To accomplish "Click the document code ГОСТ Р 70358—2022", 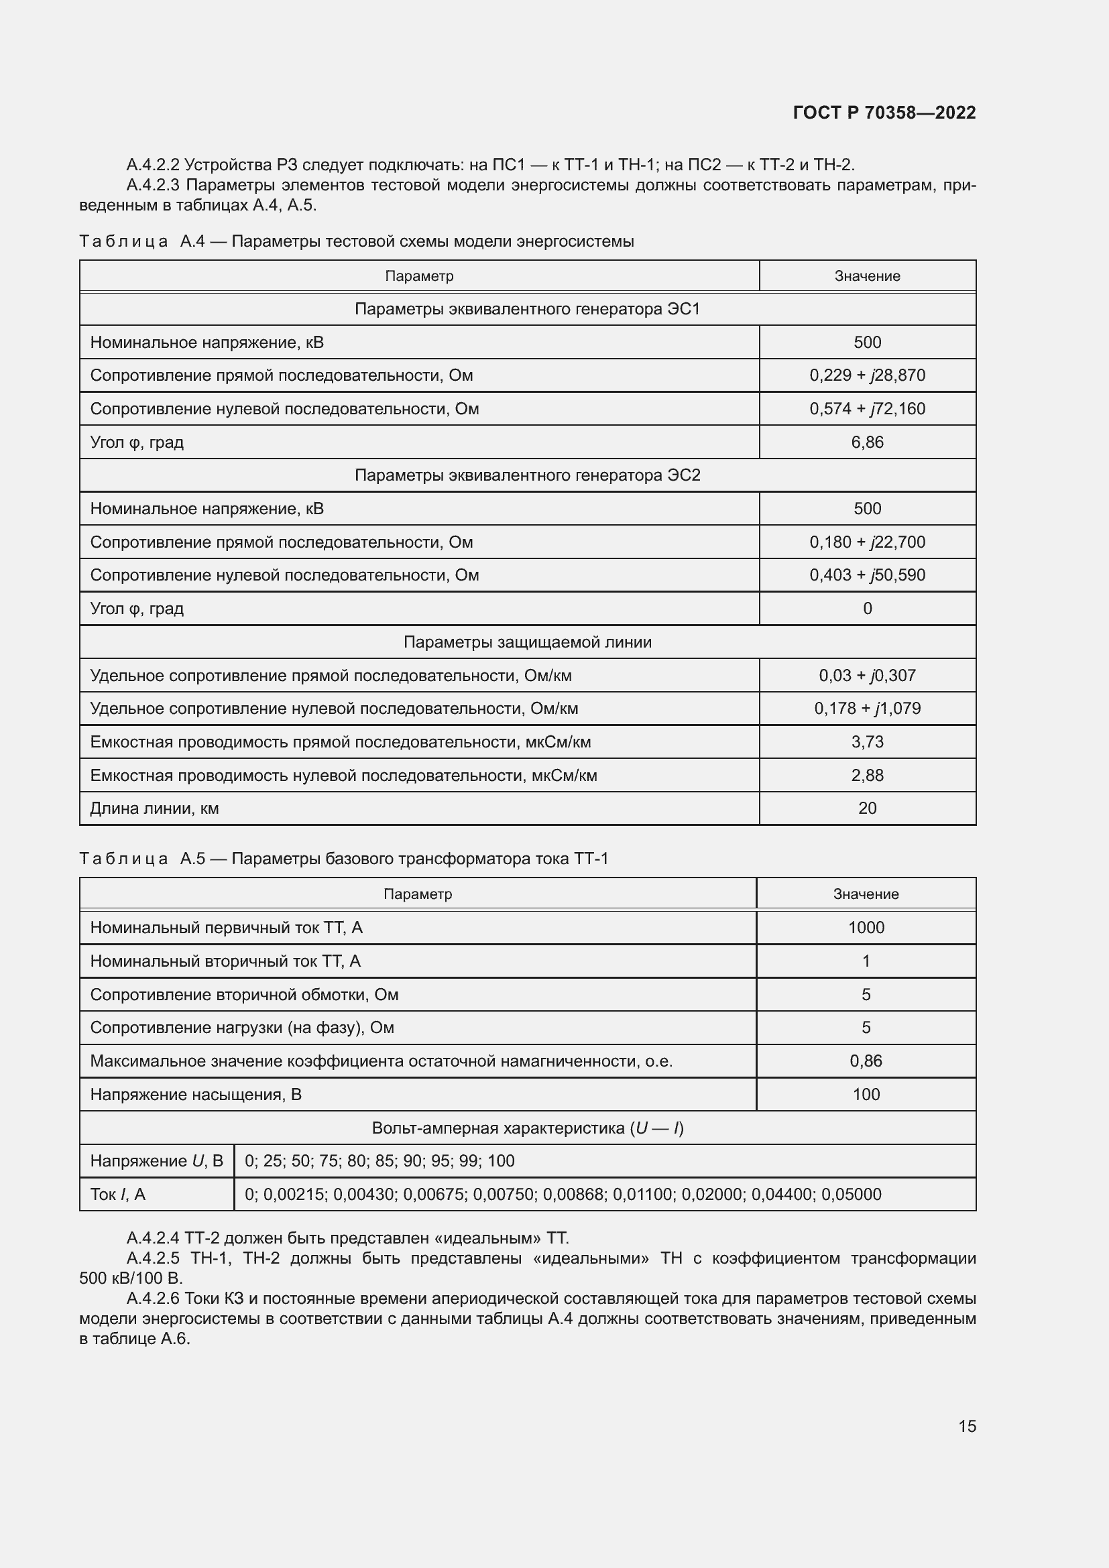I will tap(884, 113).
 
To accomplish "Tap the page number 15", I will tap(967, 1426).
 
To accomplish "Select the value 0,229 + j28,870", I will tap(867, 375).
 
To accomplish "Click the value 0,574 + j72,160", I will tap(867, 408).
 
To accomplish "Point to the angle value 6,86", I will tap(867, 442).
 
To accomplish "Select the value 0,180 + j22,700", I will tap(867, 542).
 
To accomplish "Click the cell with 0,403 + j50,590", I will tap(867, 575).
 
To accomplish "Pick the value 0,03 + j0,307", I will tap(867, 676).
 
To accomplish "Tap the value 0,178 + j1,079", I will tap(867, 708).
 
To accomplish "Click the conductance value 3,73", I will tap(867, 741).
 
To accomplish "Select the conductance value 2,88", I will tap(867, 775).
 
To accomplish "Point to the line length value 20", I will tap(867, 808).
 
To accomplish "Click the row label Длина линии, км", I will tap(154, 808).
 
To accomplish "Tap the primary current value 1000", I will tap(866, 927).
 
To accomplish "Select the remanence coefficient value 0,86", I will tap(866, 1061).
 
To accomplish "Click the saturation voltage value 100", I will tap(866, 1094).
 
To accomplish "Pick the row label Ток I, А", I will tap(117, 1194).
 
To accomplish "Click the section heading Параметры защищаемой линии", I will tap(527, 642).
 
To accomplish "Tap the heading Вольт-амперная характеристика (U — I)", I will tap(527, 1128).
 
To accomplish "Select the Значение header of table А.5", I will tap(866, 894).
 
